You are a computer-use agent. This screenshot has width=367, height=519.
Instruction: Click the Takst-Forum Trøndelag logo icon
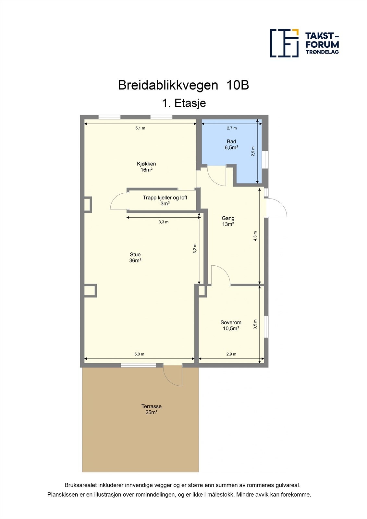click(x=284, y=43)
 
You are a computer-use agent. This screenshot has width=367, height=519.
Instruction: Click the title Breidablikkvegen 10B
click(x=183, y=85)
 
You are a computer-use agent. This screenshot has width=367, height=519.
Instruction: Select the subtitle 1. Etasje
click(x=184, y=103)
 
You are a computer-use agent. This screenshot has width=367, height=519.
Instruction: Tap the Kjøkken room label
click(x=146, y=167)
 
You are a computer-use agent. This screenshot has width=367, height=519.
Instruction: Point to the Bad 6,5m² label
click(x=231, y=144)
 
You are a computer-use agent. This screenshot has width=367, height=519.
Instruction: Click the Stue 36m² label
click(x=135, y=258)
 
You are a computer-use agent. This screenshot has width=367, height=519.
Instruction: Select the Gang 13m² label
click(x=228, y=221)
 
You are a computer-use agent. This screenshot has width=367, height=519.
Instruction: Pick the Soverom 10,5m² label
click(x=231, y=325)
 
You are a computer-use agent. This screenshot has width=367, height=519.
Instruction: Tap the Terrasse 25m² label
click(x=151, y=409)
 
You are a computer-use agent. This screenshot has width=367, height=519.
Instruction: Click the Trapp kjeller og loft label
click(x=165, y=200)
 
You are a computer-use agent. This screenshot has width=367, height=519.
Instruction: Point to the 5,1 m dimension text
click(x=140, y=128)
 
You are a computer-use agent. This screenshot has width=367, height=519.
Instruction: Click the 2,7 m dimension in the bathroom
click(x=232, y=128)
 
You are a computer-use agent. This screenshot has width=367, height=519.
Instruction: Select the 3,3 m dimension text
click(x=164, y=222)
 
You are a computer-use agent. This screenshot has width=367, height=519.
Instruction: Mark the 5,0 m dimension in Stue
click(x=139, y=354)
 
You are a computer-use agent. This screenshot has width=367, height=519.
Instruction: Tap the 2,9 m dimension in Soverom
click(x=231, y=354)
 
